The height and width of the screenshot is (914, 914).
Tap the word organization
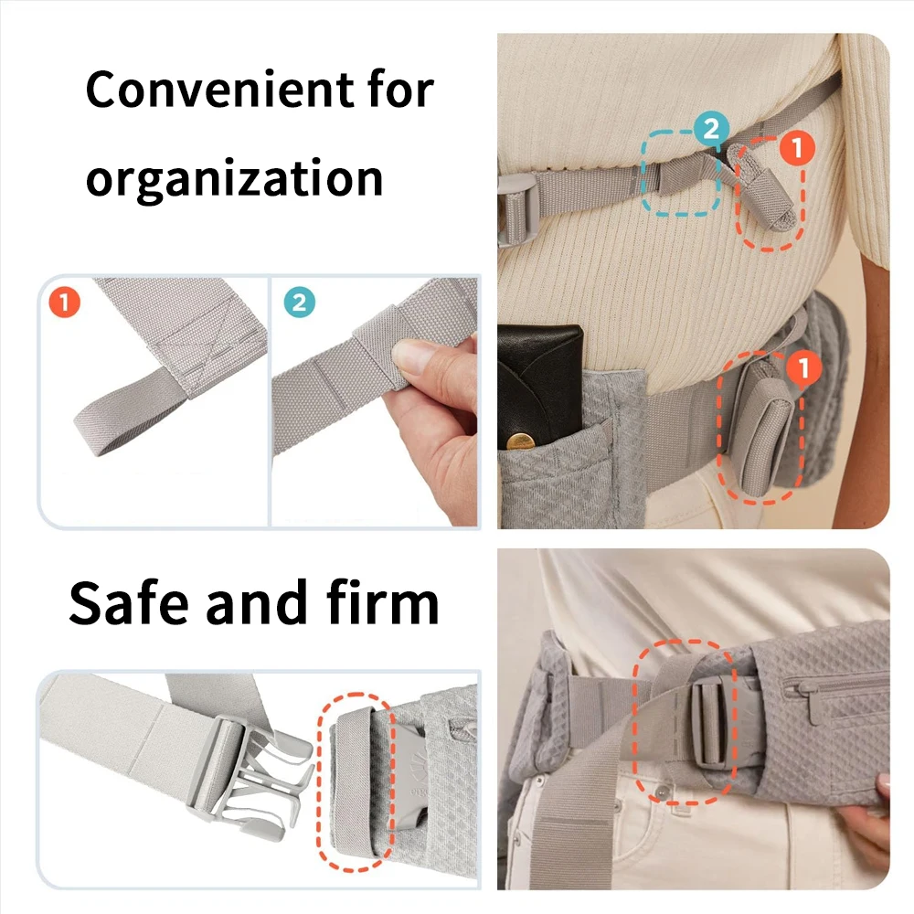234,179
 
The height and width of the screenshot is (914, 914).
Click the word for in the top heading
401,90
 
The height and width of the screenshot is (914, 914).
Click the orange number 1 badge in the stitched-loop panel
64,302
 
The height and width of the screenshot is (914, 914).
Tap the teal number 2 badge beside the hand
300,302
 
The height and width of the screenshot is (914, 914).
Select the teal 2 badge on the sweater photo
711,128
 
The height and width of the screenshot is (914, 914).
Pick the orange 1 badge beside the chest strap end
797,147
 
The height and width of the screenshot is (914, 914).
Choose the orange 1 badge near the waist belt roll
803,367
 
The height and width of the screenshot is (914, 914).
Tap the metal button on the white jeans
661,792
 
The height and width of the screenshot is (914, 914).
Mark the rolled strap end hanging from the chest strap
760,186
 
